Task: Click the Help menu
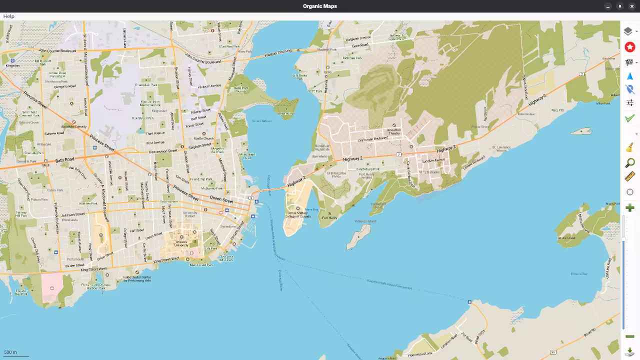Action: (8, 16)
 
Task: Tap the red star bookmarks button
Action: (629, 46)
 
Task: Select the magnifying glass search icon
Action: (629, 163)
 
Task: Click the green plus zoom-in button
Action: (629, 207)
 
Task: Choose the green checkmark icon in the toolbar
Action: (629, 118)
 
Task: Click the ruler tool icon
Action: (629, 177)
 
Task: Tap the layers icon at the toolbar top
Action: (628, 31)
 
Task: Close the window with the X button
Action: (632, 6)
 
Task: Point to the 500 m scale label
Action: (10, 352)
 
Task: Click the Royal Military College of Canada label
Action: (298, 214)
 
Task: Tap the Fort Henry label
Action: (329, 218)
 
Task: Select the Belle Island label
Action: (286, 113)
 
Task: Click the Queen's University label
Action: (181, 244)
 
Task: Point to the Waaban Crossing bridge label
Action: (277, 51)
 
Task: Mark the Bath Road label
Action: (65, 159)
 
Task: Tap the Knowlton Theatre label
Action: (394, 132)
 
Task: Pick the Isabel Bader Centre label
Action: (137, 278)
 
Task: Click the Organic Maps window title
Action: (319, 6)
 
